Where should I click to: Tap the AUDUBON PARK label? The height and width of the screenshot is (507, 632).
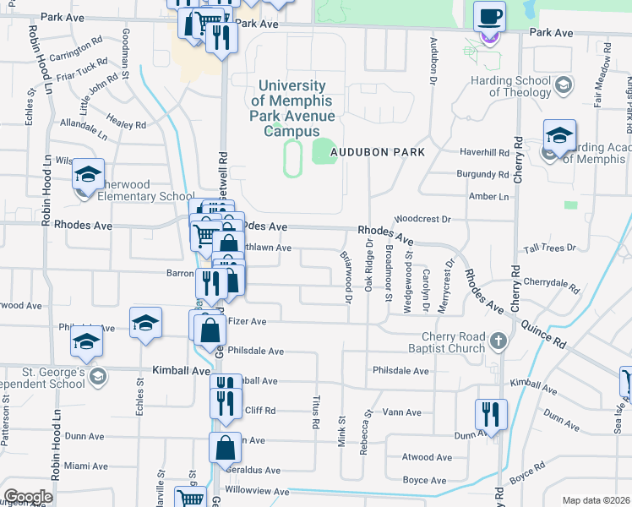376,151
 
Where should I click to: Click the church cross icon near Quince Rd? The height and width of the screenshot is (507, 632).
499,341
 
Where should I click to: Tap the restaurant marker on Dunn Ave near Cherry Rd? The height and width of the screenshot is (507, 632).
491,415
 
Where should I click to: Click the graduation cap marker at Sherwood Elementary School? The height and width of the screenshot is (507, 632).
89,175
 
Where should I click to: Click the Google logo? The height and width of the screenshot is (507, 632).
28,497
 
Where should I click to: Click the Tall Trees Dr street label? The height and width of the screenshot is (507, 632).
549,248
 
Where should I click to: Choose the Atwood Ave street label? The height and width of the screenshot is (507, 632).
428,458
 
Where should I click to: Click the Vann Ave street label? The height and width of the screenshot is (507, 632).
401,412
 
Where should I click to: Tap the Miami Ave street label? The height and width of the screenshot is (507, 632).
86,466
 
